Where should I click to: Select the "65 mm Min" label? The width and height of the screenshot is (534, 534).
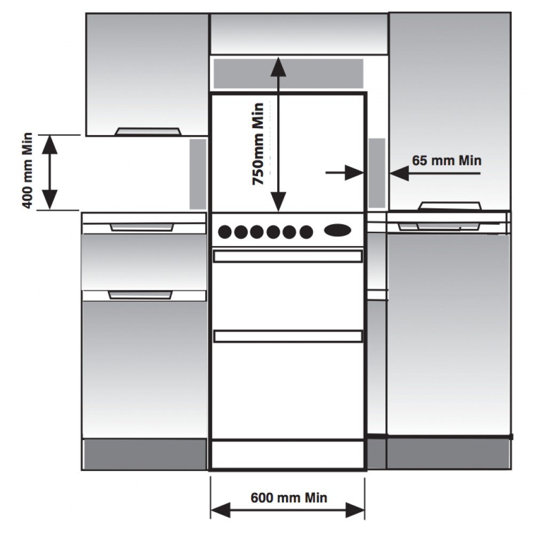(446, 160)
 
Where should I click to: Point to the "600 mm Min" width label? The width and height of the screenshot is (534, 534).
(288, 498)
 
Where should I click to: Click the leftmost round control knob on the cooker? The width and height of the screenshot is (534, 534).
(225, 232)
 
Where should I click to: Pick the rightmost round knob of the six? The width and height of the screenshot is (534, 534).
(306, 232)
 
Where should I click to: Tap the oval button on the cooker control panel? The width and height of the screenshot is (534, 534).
(337, 230)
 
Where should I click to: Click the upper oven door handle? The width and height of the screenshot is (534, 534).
(288, 256)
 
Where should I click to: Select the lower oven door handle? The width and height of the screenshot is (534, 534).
(288, 336)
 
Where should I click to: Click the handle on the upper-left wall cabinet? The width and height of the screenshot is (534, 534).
(148, 131)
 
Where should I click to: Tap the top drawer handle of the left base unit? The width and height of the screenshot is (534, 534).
(142, 227)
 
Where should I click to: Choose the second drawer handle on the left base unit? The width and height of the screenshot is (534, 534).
(140, 295)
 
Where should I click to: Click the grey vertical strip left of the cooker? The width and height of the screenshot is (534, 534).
(198, 174)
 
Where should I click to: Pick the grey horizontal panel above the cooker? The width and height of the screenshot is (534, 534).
(288, 74)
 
